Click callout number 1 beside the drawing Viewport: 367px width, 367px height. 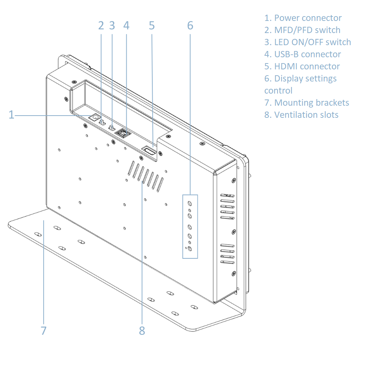point(11,115)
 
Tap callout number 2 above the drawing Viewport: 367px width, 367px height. point(101,25)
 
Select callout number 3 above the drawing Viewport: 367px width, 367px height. point(112,25)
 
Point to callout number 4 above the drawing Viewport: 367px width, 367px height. point(126,25)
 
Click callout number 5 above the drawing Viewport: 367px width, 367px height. point(152,25)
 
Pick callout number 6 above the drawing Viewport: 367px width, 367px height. point(190,25)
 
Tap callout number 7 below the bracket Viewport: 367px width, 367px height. point(44,331)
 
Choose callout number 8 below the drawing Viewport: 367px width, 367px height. point(142,331)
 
